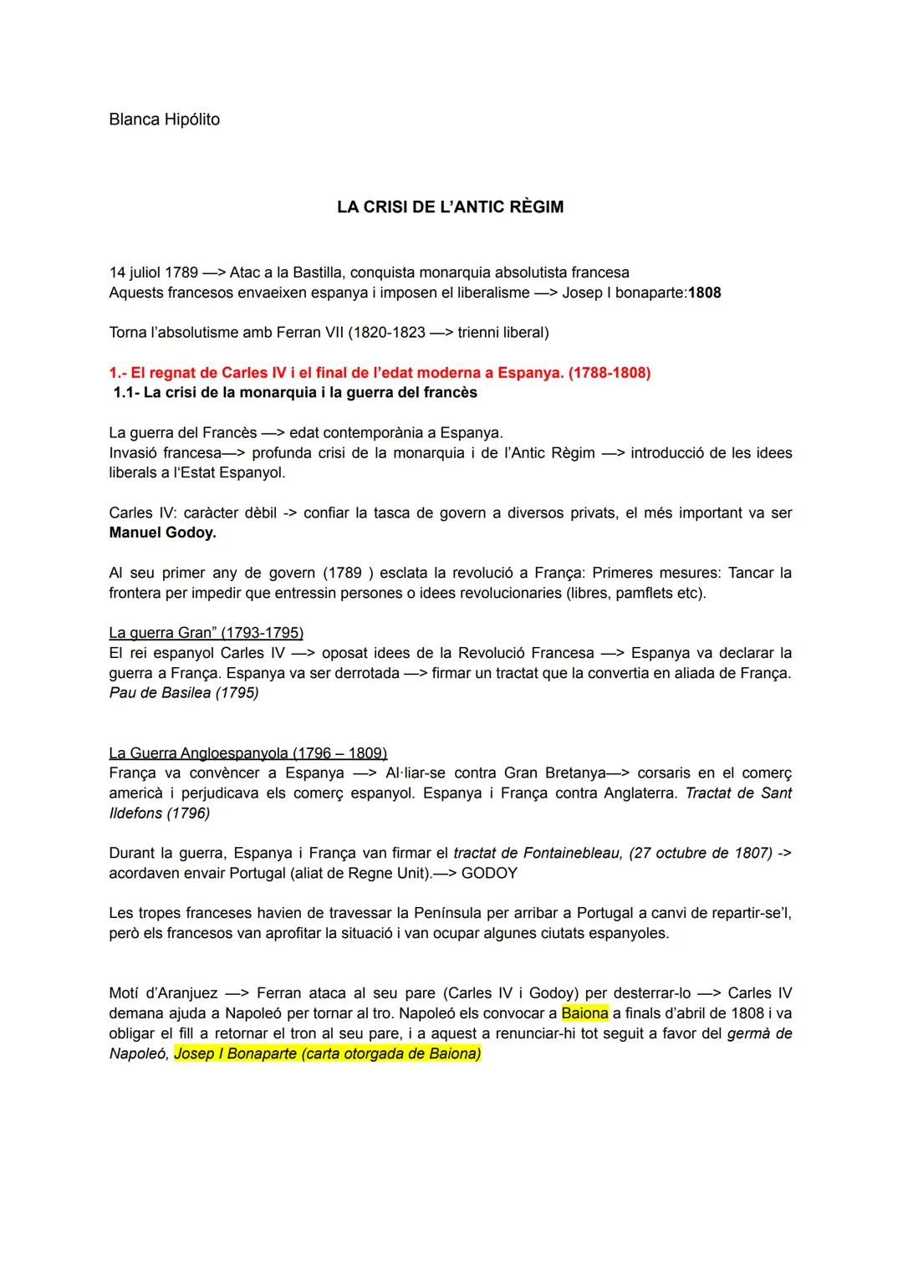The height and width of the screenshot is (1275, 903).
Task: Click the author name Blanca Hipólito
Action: point(164,120)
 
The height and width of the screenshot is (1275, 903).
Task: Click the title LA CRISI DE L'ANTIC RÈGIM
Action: point(450,207)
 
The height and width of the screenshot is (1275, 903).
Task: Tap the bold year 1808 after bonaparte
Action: point(704,293)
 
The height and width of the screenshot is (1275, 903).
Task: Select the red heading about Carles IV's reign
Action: point(380,373)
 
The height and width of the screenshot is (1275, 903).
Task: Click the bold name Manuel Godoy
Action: point(162,533)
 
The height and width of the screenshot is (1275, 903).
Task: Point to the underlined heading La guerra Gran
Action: point(206,632)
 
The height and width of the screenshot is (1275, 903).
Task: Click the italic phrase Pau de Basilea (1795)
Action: point(184,693)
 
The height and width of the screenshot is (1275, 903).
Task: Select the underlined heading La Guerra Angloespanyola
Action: point(247,752)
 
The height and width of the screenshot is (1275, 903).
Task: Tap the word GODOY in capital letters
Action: point(489,873)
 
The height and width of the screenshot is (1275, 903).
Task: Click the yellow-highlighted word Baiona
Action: point(584,1013)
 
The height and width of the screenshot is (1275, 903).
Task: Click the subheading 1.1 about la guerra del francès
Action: point(295,392)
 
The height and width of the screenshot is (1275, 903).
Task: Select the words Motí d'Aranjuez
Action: point(163,993)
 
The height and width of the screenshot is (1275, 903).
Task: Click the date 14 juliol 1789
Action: point(154,273)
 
